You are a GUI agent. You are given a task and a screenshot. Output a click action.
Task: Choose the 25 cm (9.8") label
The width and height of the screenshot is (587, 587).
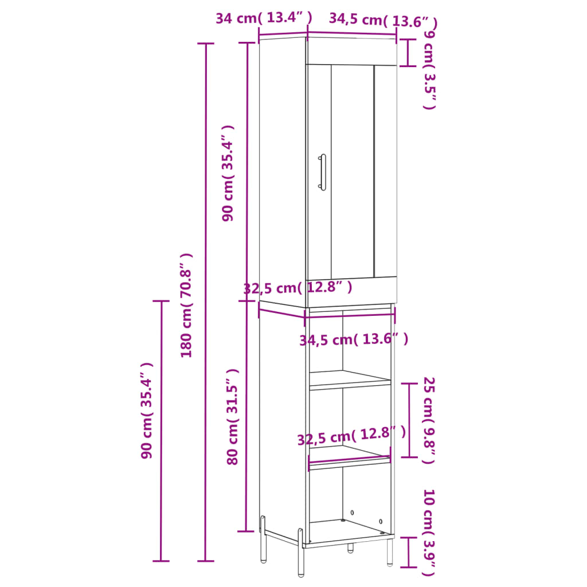point(429,420)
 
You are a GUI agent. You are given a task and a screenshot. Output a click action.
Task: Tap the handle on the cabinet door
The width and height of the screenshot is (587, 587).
point(322,171)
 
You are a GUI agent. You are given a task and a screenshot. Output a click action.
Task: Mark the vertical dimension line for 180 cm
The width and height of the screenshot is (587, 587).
point(206,302)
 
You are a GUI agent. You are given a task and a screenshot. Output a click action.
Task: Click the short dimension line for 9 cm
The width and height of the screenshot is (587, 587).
point(408,53)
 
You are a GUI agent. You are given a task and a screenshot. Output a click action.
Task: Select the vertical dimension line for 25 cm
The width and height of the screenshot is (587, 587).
point(409,420)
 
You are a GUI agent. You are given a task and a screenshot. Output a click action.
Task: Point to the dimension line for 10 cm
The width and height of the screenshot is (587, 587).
point(408,552)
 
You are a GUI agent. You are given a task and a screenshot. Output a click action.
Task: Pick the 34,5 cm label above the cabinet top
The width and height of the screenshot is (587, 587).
point(383,21)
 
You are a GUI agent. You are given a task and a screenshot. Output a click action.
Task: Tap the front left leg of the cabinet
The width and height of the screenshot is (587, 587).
point(300,553)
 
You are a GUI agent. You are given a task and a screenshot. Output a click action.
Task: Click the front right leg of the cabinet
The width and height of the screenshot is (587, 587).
point(390,551)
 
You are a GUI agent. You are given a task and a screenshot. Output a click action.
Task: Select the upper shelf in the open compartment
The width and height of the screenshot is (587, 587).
point(350,379)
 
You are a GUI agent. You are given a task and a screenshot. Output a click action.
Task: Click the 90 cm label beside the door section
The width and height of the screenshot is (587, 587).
point(228,173)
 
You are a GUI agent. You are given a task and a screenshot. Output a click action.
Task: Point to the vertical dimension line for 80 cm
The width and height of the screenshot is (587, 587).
point(247,416)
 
